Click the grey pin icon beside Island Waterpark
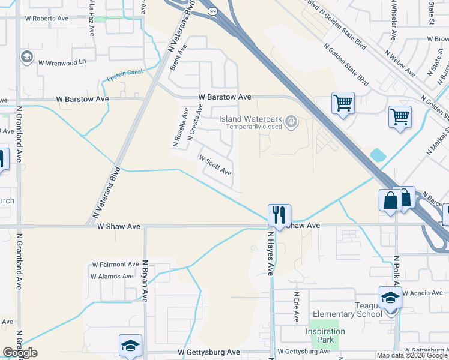tap(291, 122)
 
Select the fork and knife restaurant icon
tap(279, 214)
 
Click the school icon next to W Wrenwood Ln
tap(26, 58)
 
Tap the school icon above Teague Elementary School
tap(390, 297)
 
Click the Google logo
tap(20, 353)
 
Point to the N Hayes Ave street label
tap(271, 254)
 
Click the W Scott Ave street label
tap(215, 166)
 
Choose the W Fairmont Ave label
tap(115, 264)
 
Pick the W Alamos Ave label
tap(112, 276)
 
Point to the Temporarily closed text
tap(254, 127)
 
